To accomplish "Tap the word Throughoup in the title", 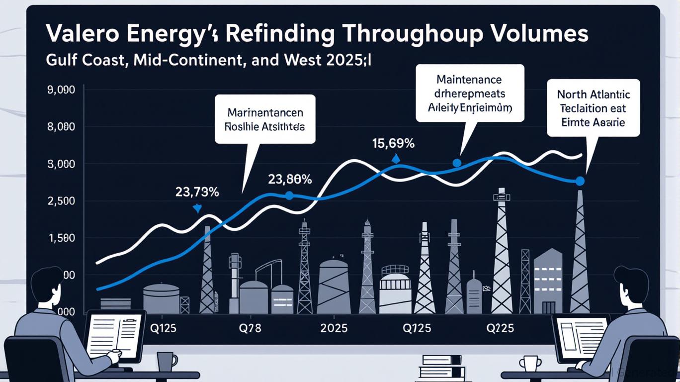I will click(x=401, y=34).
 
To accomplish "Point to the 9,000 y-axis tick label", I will click(x=61, y=91).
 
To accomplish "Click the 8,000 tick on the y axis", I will click(x=61, y=127).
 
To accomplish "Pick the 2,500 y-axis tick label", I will click(x=61, y=201).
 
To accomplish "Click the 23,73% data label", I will click(x=197, y=192).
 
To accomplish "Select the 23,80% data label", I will click(x=290, y=179).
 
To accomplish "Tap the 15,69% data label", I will click(x=393, y=144).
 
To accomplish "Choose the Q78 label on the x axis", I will click(x=250, y=329).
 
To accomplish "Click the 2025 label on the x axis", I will click(x=334, y=329).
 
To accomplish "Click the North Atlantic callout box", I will click(x=593, y=107).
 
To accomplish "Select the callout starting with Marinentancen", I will click(x=265, y=119).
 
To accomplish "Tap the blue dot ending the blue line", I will click(x=580, y=181).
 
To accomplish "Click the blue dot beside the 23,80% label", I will click(x=289, y=195).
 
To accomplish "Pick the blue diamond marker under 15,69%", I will click(x=396, y=159).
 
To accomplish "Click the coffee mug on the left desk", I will click(x=167, y=361).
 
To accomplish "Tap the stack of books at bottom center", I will click(x=441, y=367).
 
